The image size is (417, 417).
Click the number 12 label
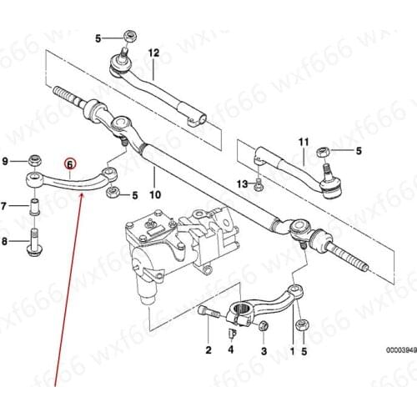153,53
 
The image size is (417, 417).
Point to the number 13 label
242,183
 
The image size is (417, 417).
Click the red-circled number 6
70,165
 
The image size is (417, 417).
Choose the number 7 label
5,204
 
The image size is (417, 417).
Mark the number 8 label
5,242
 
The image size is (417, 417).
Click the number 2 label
208,352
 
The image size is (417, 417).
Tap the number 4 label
231,352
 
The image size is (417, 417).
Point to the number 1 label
292,352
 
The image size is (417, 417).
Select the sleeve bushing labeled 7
34,206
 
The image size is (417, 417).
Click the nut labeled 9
34,159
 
